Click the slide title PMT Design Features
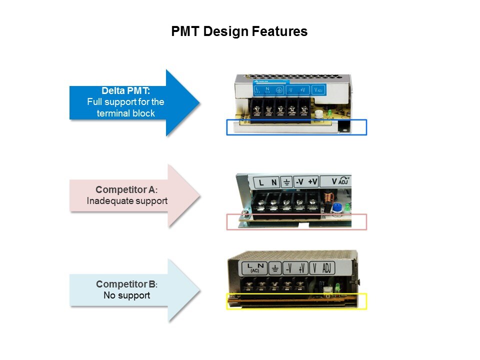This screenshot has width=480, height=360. point(239,32)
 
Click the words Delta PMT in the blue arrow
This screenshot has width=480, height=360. point(125,91)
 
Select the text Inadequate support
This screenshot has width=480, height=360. point(127,201)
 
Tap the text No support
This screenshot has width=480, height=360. point(126,295)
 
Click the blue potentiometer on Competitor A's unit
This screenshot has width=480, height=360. point(335,207)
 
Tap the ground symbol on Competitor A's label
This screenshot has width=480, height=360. point(286,182)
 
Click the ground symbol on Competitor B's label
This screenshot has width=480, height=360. point(274,268)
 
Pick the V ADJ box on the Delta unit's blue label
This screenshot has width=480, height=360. point(318,90)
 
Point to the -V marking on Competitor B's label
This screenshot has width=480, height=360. point(288,268)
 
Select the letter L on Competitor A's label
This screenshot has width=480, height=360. point(261,182)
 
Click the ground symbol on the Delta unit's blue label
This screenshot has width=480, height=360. point(279,90)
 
